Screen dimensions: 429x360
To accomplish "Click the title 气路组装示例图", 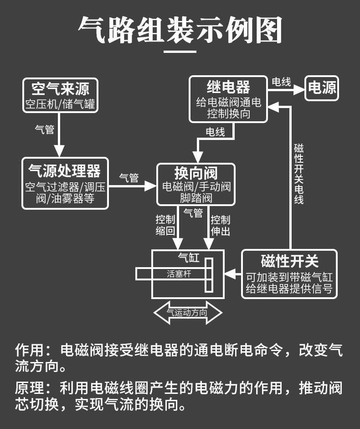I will pos(180,30).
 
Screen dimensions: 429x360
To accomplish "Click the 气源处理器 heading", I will pos(65,171).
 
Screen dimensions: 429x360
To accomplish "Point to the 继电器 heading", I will pos(228,87).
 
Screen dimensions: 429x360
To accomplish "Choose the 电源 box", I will pos(322,87).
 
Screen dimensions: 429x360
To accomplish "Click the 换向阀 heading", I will pos(196,173).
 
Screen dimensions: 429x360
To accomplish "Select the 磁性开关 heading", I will pos(289,261).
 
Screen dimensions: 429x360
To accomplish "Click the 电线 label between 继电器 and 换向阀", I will pos(215,132).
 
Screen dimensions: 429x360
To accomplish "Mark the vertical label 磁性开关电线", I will pos(299,174).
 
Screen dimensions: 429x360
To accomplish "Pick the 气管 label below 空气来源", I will pos(45,129).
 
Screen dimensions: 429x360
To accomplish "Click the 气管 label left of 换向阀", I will pos(129,178).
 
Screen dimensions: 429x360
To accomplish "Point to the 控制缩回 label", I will pos(165,225).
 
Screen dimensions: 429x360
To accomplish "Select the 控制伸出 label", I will pos(221,225).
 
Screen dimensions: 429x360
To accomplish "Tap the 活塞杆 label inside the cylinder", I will pos(178,274).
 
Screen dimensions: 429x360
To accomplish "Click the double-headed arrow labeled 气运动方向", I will pos(187,313).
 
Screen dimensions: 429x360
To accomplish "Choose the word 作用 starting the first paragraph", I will pos(27,351).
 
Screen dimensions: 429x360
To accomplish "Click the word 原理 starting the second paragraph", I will pos(27,388).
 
